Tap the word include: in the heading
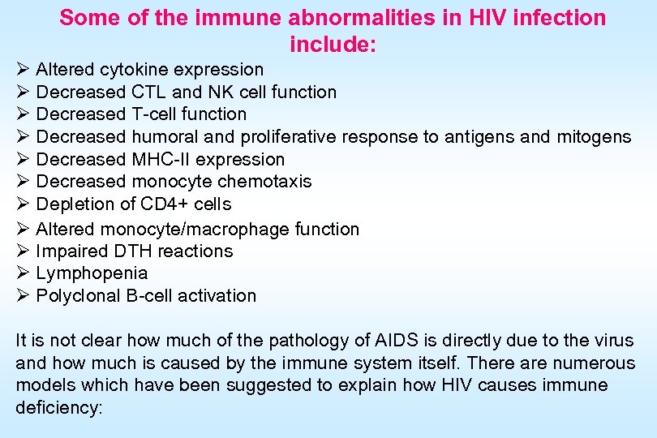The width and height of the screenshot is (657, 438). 333,44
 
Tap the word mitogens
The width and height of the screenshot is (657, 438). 594,137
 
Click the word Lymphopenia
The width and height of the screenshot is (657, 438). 92,273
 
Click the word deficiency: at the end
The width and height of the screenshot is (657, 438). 59,408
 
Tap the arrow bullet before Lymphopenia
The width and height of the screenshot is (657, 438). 23,273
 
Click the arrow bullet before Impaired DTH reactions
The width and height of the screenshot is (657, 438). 23,251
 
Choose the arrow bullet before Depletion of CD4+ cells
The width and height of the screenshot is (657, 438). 23,204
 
